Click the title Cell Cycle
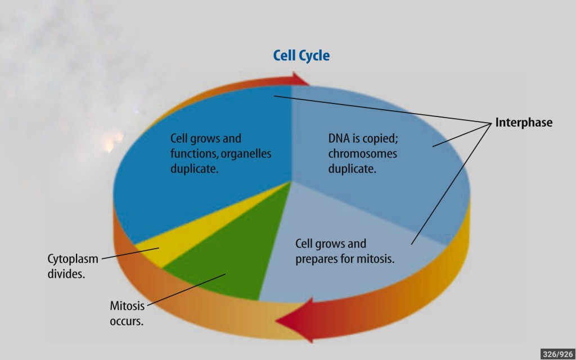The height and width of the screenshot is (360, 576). point(301,56)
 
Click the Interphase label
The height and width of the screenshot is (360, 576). point(524,122)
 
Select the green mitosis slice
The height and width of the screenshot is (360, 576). point(224,257)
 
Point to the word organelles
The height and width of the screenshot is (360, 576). point(246,154)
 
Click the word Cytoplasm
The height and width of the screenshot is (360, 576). point(73,259)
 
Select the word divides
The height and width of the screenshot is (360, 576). point(66,274)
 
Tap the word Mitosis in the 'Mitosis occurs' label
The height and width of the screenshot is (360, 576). point(127,306)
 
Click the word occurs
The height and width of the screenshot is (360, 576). point(127,321)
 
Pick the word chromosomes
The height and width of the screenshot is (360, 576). point(363,154)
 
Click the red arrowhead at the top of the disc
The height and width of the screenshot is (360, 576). point(300,79)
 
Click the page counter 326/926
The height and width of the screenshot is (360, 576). point(557,354)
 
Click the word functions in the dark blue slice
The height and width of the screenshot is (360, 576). point(194,154)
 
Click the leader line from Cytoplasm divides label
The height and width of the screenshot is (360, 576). point(130,253)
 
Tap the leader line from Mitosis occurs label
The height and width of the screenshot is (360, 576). point(186,289)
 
